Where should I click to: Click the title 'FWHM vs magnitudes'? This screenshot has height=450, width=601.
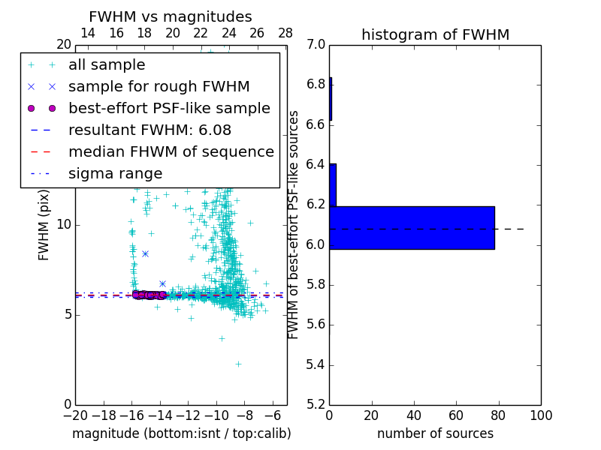170,16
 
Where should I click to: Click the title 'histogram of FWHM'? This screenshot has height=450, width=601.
435,34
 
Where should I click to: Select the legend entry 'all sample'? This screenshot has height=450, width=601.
107,65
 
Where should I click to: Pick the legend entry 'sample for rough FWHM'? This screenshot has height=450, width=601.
159,86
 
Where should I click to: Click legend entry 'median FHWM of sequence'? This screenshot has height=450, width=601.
171,151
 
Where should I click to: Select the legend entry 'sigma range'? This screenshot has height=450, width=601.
115,173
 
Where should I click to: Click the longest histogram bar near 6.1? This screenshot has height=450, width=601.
412,227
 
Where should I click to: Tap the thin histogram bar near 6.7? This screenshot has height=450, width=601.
331,98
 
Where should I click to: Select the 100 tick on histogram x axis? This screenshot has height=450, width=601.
540,415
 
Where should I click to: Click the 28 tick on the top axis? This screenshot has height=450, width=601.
285,33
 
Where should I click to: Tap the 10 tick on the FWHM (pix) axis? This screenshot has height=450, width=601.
64,225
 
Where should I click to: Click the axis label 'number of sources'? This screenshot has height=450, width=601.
435,433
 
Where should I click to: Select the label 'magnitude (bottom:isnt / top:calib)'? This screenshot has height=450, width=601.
181,433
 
